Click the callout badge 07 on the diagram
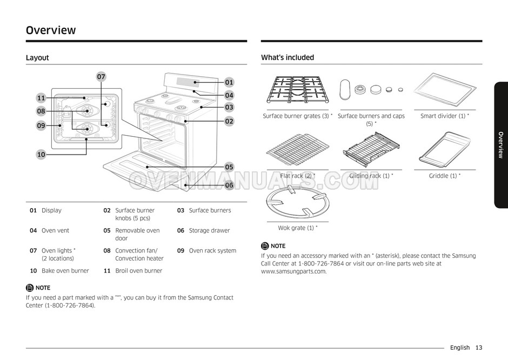click(x=101, y=77)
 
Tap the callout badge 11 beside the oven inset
click(x=41, y=98)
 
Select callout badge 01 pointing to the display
click(x=229, y=82)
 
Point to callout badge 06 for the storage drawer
click(x=229, y=185)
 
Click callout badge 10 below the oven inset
click(x=41, y=155)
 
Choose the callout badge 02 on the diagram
click(x=229, y=121)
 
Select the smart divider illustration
click(x=444, y=90)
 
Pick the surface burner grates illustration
click(x=297, y=90)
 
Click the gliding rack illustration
click(x=371, y=149)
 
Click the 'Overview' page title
click(x=51, y=30)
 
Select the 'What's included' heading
click(x=287, y=57)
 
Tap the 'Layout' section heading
click(x=37, y=57)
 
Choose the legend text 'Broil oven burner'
click(x=138, y=271)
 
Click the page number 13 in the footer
click(x=479, y=348)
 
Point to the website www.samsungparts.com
click(x=293, y=271)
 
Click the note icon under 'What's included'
click(x=265, y=246)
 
